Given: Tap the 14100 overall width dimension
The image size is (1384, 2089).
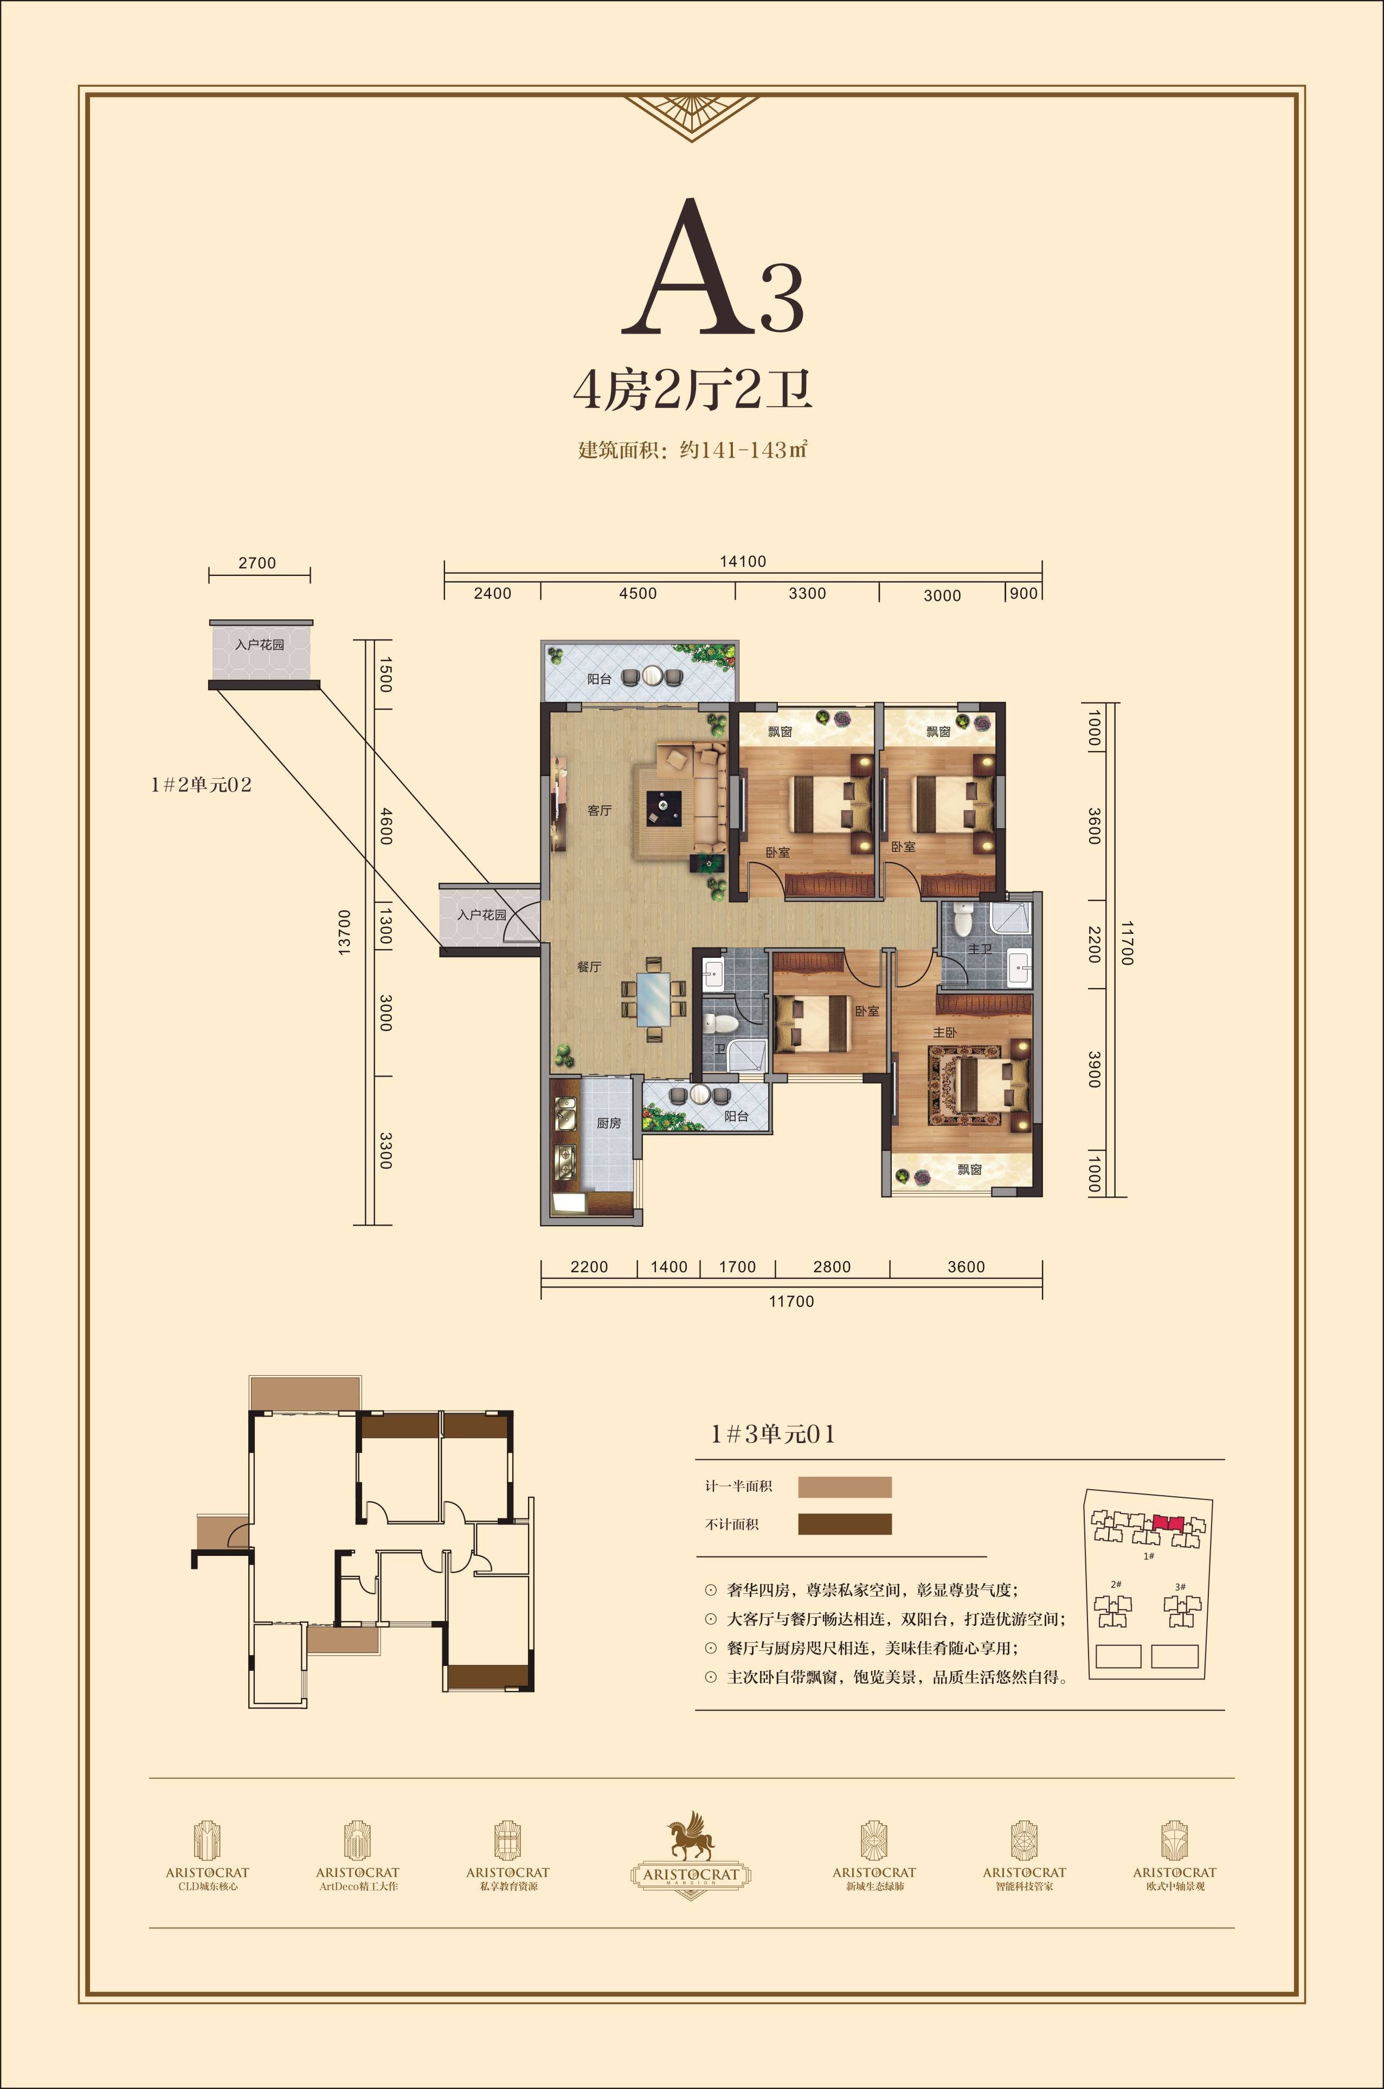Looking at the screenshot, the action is coord(742,561).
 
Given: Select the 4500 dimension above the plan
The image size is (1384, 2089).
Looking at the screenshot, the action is coord(638,593).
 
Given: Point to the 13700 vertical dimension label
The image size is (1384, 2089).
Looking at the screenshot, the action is coord(344,932).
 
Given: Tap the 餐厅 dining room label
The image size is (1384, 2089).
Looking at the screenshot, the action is coord(589,967).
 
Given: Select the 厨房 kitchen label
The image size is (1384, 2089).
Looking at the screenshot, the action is coord(608,1123).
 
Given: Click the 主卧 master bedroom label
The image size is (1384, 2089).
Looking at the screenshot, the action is coord(944,1032).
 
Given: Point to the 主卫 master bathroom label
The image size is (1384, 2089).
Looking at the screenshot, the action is coord(980,949).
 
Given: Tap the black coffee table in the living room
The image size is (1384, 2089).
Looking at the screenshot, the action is coord(664,806).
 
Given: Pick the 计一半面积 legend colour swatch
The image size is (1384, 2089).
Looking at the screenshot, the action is coord(845,1487).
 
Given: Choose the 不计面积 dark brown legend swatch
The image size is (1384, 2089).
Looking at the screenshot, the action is coord(845,1524).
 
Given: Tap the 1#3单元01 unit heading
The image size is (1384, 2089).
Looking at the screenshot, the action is coord(773,1434).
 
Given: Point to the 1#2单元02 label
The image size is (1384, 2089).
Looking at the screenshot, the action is coord(201,784).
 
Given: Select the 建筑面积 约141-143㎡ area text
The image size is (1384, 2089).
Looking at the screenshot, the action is coord(693,450).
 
